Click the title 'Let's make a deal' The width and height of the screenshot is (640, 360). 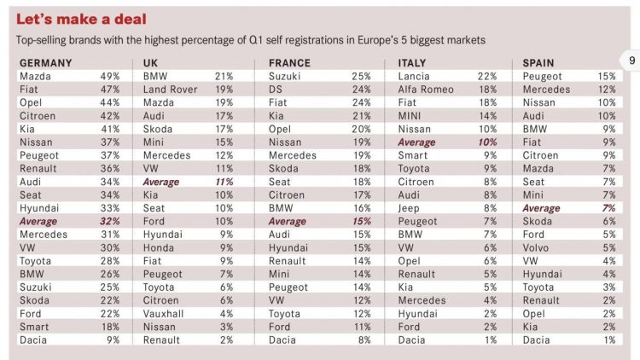82,19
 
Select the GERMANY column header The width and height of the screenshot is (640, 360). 45,63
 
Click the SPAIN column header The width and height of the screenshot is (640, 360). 538,63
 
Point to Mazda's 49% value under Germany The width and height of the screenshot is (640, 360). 110,77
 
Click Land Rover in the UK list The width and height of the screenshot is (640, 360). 170,90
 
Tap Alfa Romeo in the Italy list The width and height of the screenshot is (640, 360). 428,90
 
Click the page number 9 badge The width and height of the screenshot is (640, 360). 631,61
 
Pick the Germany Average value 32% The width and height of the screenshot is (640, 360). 110,221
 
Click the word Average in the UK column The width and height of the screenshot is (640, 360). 161,182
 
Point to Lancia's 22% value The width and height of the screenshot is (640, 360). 487,77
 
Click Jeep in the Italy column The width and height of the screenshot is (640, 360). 410,207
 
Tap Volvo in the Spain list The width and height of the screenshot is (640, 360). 536,247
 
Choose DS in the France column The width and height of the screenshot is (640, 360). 276,90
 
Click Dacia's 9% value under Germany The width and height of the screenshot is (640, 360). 113,340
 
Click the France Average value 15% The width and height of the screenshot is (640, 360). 361,221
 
